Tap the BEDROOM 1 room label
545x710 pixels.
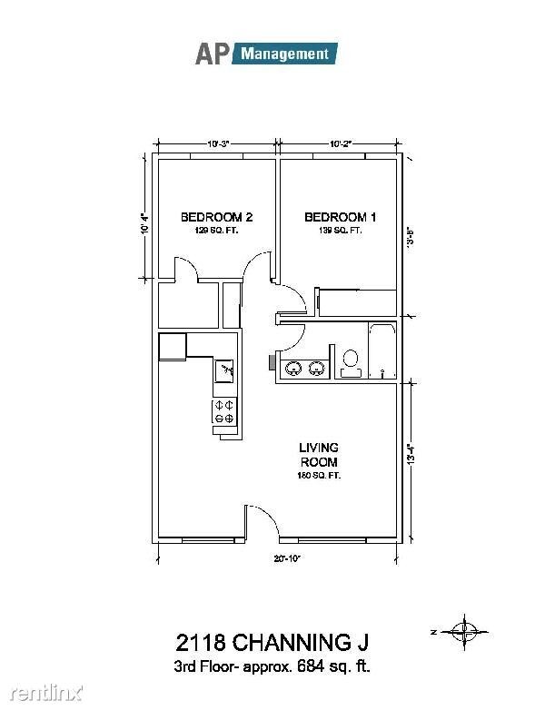click(x=339, y=217)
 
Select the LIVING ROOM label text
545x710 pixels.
click(x=319, y=455)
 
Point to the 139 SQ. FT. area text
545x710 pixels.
click(x=339, y=231)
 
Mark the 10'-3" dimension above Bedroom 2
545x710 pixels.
click(x=217, y=143)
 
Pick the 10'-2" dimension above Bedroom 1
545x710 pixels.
click(x=338, y=143)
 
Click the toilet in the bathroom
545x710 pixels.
click(x=350, y=362)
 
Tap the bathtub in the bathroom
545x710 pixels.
click(x=382, y=350)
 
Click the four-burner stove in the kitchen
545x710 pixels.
click(x=223, y=411)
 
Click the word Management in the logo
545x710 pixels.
click(x=285, y=54)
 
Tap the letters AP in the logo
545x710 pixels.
click(x=213, y=54)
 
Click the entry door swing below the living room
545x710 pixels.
click(x=261, y=521)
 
